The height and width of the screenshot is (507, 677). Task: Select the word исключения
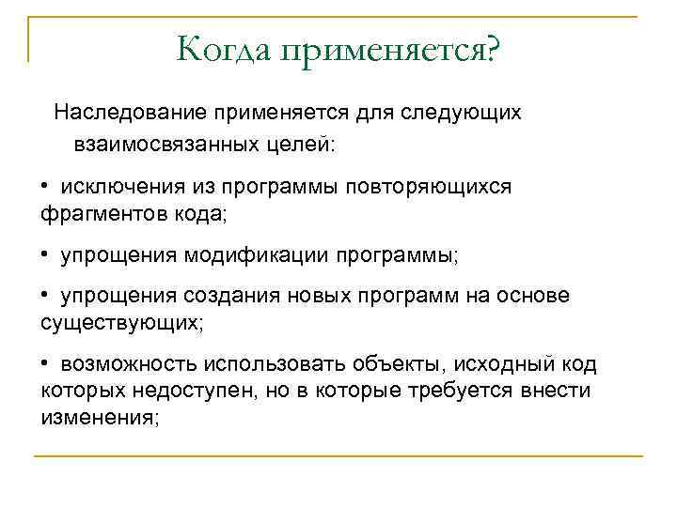(121, 186)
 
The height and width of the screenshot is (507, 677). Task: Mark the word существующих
(119, 324)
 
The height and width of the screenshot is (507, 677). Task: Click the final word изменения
(101, 418)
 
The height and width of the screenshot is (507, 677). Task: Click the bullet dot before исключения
(45, 186)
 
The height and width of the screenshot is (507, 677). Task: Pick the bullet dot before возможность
(45, 363)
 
